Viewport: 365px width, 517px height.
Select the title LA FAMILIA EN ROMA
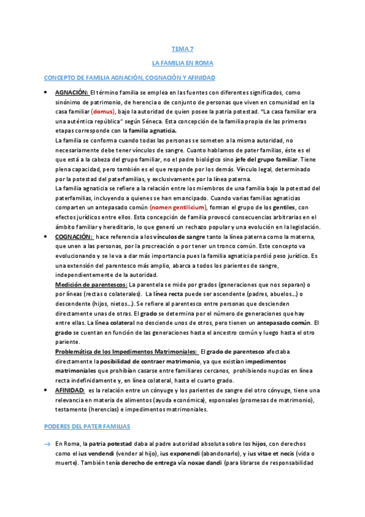182,63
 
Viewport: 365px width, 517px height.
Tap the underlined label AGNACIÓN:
72,93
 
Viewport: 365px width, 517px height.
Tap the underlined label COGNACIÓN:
74,236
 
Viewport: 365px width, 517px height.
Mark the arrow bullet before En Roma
46,444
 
